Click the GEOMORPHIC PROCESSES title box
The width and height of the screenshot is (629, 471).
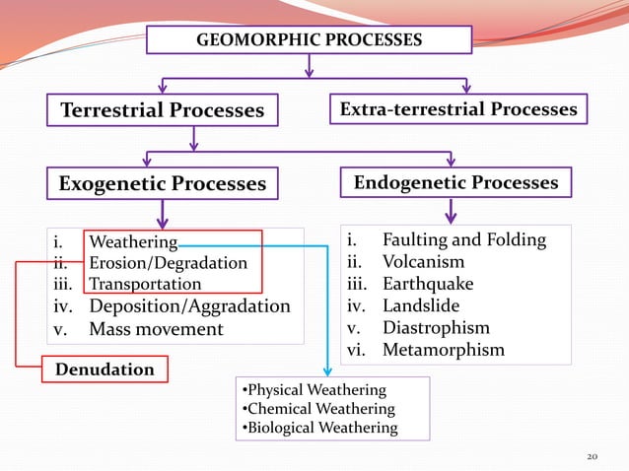pyautogui.click(x=310, y=39)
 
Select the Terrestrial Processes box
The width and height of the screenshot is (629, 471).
pyautogui.click(x=162, y=110)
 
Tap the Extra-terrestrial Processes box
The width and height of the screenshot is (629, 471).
pyautogui.click(x=458, y=109)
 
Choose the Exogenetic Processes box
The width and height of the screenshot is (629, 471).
pyautogui.click(x=162, y=183)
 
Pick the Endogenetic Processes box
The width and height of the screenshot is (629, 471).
pyautogui.click(x=454, y=182)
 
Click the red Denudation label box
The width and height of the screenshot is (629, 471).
pyautogui.click(x=105, y=370)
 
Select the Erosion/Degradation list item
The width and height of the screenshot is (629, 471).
pyautogui.click(x=168, y=263)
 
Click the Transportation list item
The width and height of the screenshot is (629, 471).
pyautogui.click(x=145, y=284)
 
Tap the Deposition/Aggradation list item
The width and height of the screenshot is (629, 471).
pyautogui.click(x=189, y=305)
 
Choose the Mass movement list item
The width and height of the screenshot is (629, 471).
pyautogui.click(x=156, y=328)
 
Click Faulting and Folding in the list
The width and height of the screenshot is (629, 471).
pyautogui.click(x=463, y=239)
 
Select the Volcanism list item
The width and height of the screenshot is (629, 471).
pyautogui.click(x=423, y=261)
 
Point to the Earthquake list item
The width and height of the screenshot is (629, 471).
pyautogui.click(x=428, y=284)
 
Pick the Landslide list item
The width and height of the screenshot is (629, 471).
pyautogui.click(x=421, y=305)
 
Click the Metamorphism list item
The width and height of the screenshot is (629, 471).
pyautogui.click(x=443, y=350)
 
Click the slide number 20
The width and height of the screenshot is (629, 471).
pyautogui.click(x=593, y=457)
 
